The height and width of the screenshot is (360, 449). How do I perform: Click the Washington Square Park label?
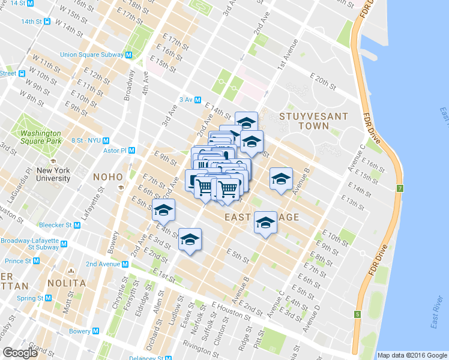click(x=40, y=137)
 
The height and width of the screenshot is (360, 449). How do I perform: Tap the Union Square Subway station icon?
click(x=129, y=55)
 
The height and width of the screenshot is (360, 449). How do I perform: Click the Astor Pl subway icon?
click(x=131, y=151)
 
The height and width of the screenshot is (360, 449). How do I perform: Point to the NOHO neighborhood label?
click(x=107, y=177)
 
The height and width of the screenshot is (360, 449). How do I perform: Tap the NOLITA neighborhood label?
click(x=68, y=283)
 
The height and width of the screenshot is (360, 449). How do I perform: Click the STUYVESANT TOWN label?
click(x=304, y=121)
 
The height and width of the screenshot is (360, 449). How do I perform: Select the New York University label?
click(x=53, y=174)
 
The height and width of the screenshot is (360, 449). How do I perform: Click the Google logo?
click(x=20, y=353)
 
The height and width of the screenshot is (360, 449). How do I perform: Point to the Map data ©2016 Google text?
click(x=412, y=355)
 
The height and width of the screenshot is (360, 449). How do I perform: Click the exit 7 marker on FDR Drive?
click(x=400, y=189)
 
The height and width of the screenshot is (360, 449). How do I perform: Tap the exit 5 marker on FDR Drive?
click(x=357, y=314)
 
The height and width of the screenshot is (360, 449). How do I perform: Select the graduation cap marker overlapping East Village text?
click(x=265, y=223)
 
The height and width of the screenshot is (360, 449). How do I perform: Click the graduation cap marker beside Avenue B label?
click(x=280, y=179)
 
